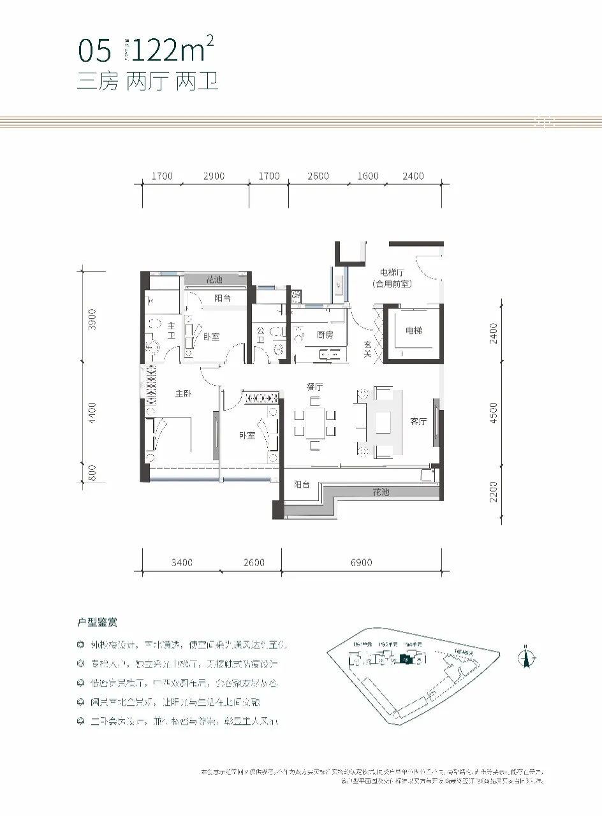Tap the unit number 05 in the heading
94,50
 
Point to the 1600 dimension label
368,176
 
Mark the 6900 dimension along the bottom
361,562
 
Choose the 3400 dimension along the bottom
182,562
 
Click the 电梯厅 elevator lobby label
392,273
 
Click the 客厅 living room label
418,422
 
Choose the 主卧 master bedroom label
184,394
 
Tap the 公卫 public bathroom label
261,335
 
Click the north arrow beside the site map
527,656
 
